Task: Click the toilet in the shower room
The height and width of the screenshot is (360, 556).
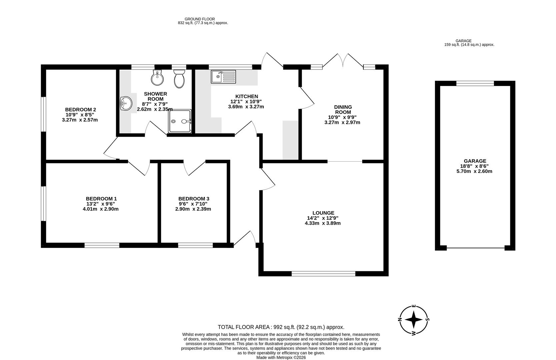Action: pos(179,79)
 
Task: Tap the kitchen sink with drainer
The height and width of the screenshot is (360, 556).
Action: pos(223,77)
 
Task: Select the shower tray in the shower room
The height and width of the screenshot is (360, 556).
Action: pos(180,121)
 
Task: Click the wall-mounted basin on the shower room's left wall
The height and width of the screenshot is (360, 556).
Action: pos(126,103)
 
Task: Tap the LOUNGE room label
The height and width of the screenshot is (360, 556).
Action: pos(323,213)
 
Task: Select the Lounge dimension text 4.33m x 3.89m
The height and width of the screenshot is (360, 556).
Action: pos(322,223)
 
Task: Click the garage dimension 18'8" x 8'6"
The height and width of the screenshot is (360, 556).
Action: pos(474,166)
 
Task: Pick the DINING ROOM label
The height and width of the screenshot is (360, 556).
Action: pos(343,109)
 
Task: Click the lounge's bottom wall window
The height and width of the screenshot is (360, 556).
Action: pos(323,274)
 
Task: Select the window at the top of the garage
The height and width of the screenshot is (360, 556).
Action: pos(475,84)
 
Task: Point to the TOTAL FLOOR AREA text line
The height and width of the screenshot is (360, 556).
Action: pos(281,327)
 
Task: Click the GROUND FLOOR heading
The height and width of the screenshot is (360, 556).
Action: pos(200,19)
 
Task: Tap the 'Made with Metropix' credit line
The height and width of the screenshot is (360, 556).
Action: pos(281,357)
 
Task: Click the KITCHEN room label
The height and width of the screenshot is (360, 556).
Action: pos(246,96)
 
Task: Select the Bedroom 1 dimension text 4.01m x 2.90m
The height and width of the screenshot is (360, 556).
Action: pos(100,209)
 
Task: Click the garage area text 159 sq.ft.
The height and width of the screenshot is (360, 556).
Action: pos(469,44)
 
